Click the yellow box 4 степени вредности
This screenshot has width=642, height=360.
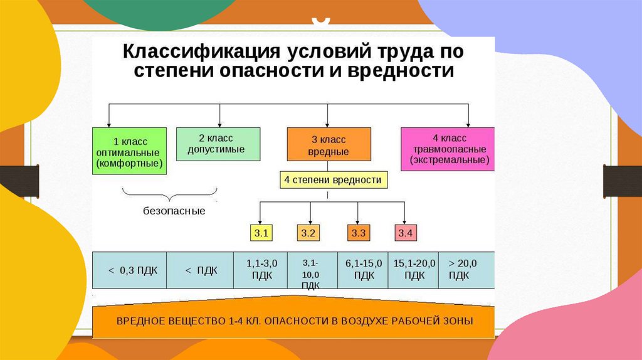[x=333, y=180]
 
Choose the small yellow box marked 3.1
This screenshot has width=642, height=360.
[x=261, y=233]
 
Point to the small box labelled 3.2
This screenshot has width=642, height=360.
[x=308, y=233]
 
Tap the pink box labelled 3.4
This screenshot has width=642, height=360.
[x=405, y=233]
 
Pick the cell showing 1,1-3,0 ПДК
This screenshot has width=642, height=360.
[x=262, y=270]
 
